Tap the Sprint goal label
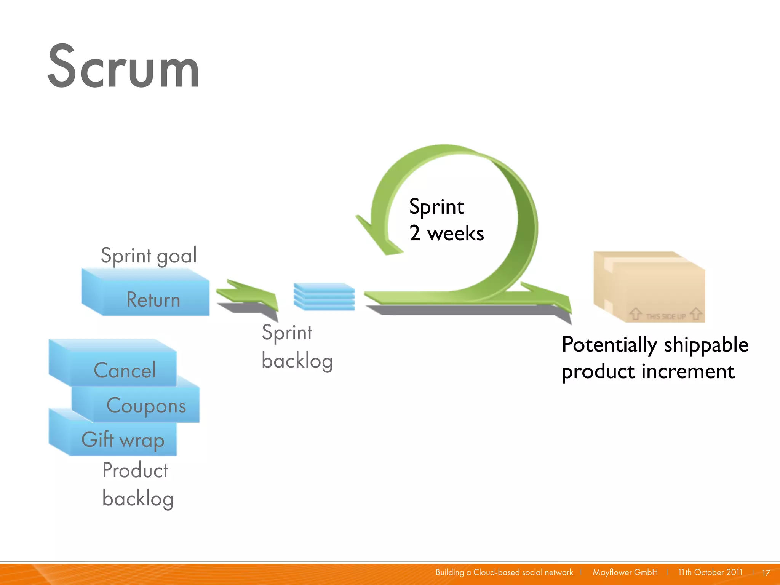(149, 255)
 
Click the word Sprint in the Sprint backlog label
(287, 332)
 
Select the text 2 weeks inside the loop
(446, 233)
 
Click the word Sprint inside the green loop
(436, 207)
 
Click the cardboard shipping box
(649, 286)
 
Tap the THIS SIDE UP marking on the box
(665, 316)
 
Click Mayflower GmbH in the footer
(625, 572)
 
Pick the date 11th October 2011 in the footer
(710, 572)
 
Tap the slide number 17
(766, 572)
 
